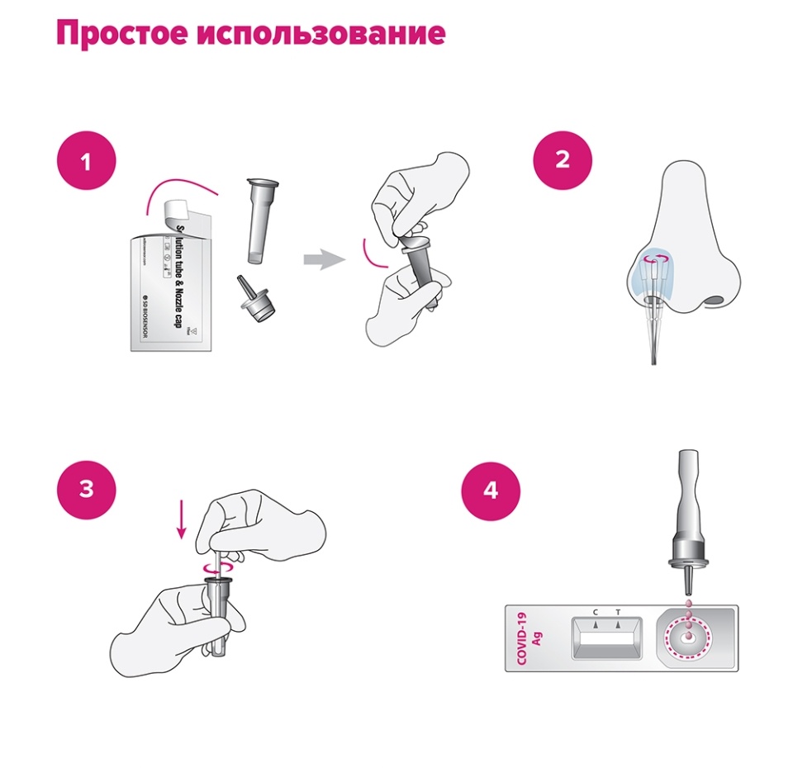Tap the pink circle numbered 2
(x=562, y=159)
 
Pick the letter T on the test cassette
(x=617, y=612)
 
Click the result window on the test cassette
(x=606, y=638)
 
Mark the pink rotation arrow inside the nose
(x=658, y=259)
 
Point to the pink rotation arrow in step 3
(x=216, y=567)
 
